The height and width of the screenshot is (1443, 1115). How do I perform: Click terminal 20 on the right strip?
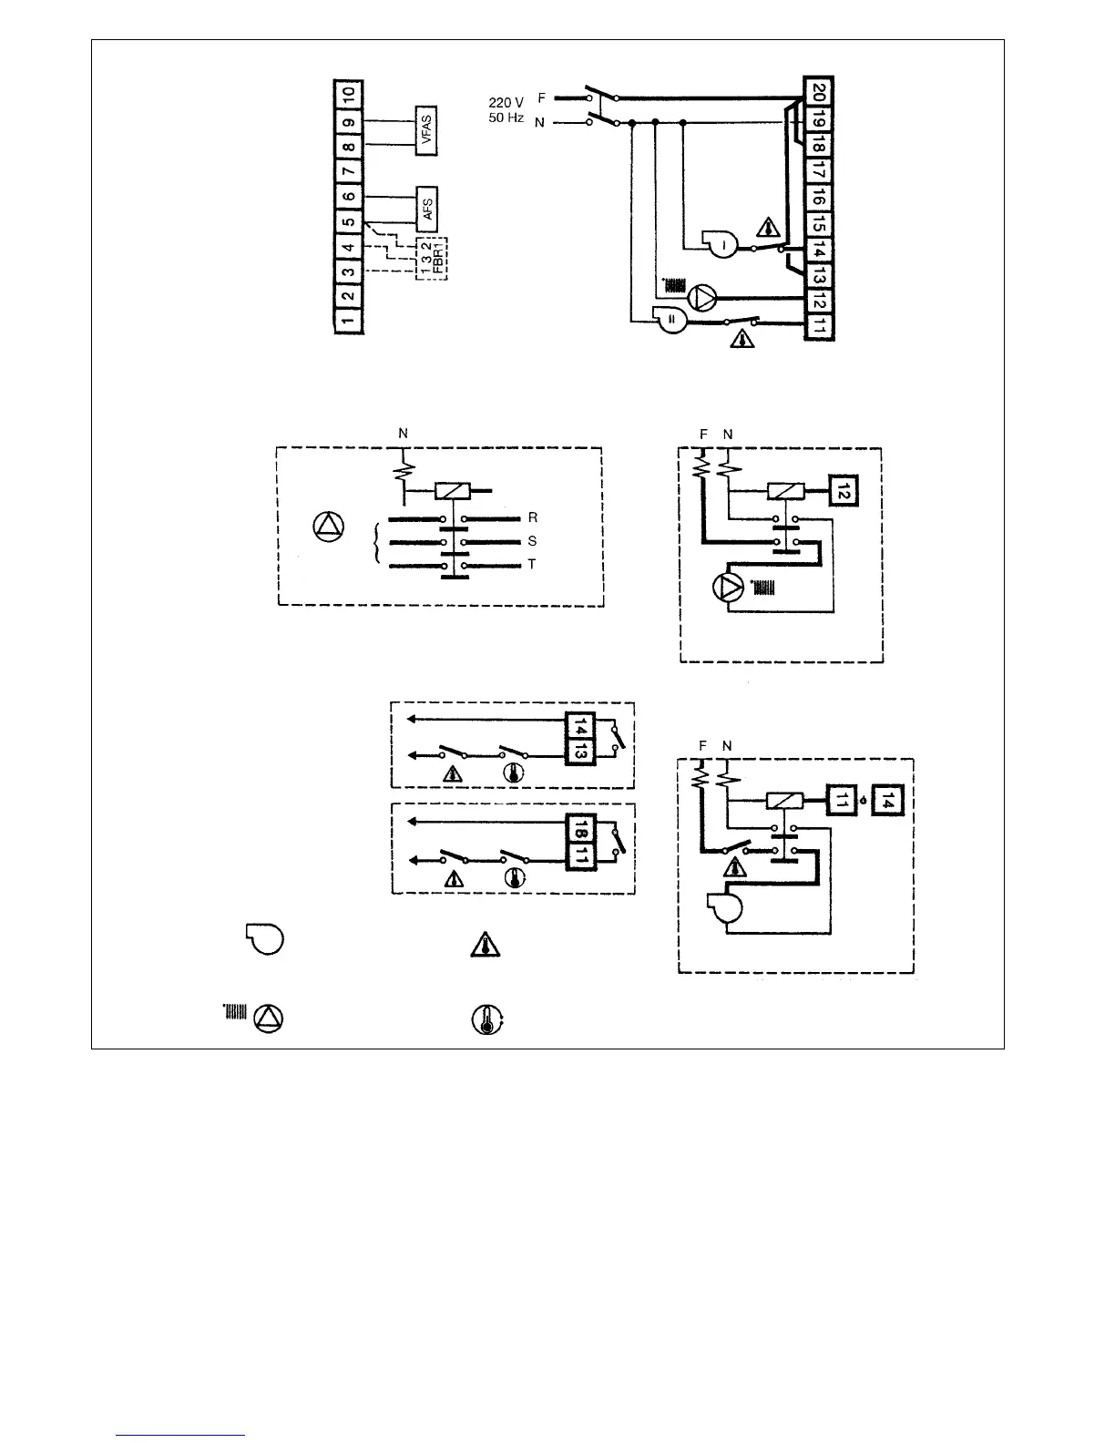[x=818, y=92]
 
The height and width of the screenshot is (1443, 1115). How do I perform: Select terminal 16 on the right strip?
[x=818, y=196]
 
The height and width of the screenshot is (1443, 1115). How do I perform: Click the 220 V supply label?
[x=506, y=102]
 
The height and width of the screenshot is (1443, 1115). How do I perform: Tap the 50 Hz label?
[x=506, y=119]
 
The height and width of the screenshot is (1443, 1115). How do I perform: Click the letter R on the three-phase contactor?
[x=532, y=517]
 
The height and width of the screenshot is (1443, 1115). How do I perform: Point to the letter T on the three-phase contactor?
[x=532, y=565]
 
